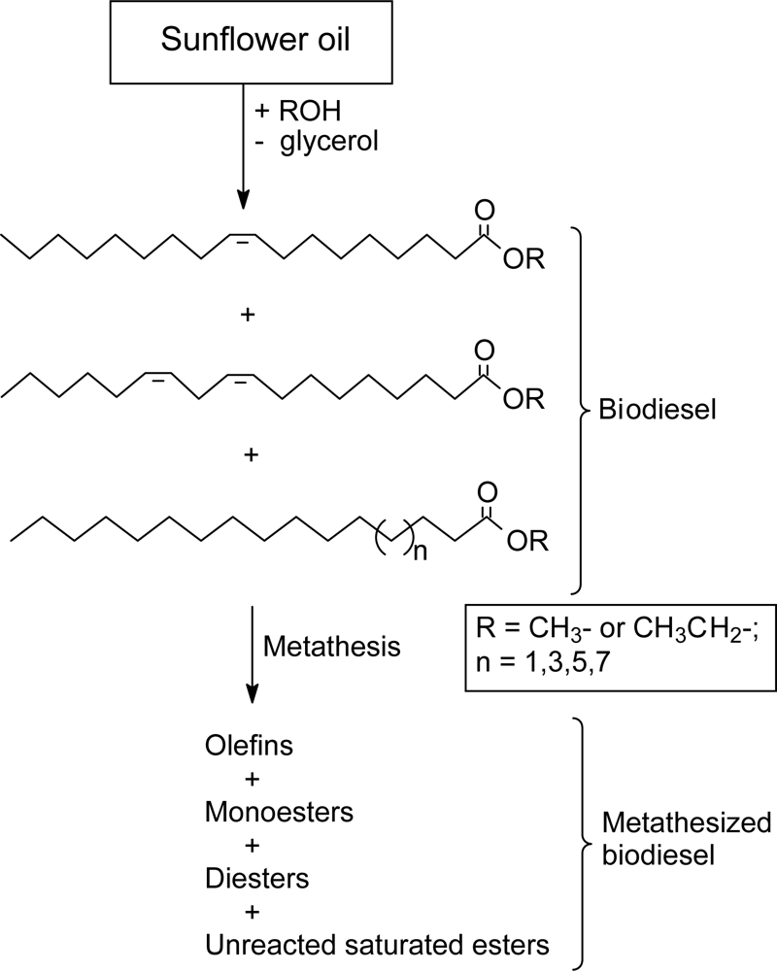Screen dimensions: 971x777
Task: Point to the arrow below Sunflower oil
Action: click(x=242, y=146)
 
